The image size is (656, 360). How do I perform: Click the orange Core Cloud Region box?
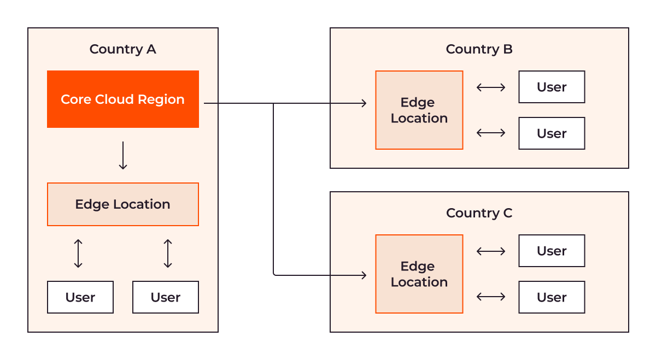(x=123, y=99)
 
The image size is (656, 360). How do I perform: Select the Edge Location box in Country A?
(x=123, y=204)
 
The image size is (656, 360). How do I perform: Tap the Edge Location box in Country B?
(x=419, y=110)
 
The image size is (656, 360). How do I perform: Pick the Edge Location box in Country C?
(x=419, y=274)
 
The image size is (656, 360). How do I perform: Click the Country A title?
(x=122, y=49)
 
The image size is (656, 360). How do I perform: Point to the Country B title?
(x=479, y=49)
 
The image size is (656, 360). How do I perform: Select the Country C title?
(x=479, y=213)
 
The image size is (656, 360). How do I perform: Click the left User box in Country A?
(x=80, y=297)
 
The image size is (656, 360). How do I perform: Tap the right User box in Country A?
(x=166, y=297)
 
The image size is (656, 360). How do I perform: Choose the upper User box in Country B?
(x=552, y=87)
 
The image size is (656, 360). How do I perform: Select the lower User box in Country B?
(x=552, y=133)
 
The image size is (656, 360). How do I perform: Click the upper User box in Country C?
(x=552, y=251)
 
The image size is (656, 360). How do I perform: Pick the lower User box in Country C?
(x=552, y=297)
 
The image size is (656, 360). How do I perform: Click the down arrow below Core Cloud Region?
(x=123, y=155)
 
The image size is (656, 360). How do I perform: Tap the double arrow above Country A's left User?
(x=78, y=253)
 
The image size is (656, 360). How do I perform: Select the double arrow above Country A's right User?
(x=168, y=253)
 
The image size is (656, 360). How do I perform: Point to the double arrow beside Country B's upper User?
(x=491, y=87)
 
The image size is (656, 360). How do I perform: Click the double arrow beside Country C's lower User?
(x=491, y=297)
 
